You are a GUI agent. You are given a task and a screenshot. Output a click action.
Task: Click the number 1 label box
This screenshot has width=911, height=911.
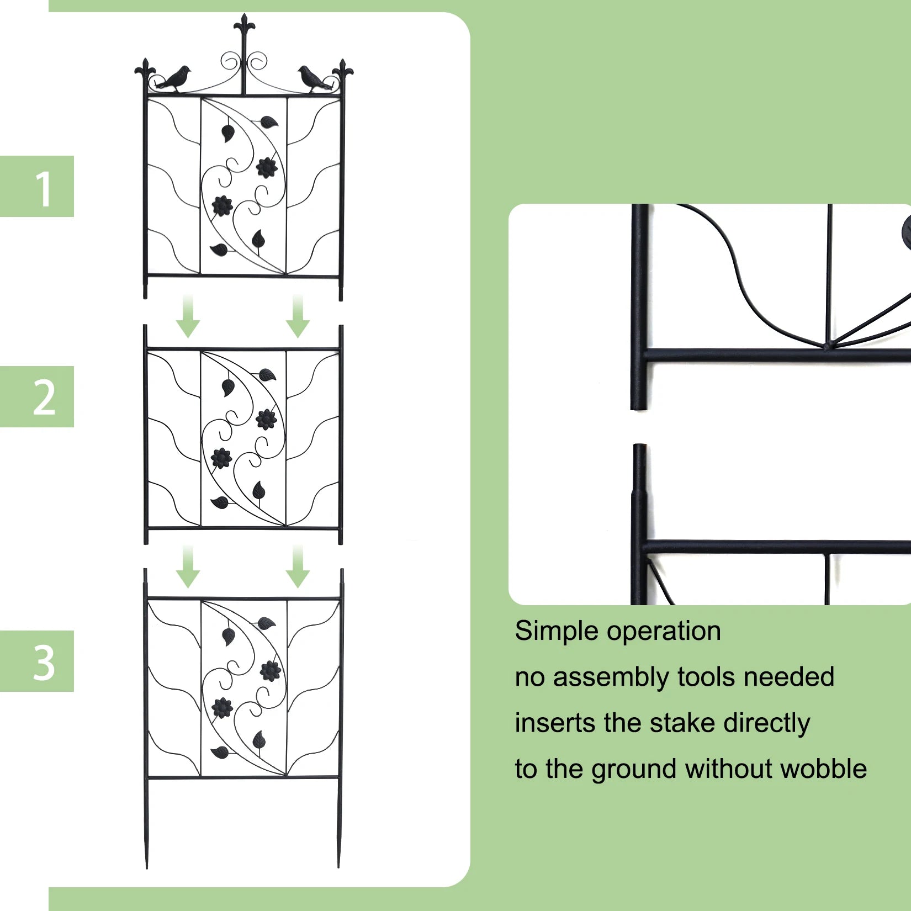[37, 187]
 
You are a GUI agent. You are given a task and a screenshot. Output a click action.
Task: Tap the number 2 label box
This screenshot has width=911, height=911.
[37, 396]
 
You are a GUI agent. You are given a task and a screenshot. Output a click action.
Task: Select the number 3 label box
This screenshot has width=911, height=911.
[37, 661]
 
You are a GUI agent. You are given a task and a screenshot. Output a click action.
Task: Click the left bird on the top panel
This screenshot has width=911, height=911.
[174, 79]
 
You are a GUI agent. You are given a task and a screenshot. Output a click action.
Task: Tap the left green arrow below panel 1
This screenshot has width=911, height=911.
[188, 317]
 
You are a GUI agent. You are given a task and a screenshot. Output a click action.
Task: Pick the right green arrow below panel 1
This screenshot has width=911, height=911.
[298, 317]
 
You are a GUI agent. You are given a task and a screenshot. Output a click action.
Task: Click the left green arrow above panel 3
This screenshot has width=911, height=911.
[188, 567]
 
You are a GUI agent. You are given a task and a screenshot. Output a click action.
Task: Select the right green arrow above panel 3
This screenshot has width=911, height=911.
[298, 567]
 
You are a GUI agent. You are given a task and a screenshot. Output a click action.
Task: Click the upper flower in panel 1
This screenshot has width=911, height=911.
[266, 167]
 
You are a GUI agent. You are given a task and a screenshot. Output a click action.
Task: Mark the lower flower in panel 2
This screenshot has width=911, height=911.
[221, 458]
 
